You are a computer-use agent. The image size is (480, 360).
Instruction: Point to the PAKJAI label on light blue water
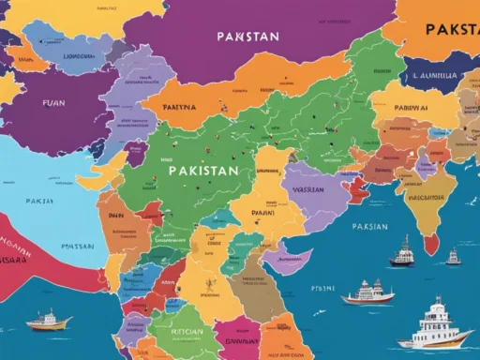pos(39,201)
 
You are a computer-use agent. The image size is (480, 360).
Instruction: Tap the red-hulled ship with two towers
pos(368,293)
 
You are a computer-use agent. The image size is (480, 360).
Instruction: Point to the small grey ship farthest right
pos(454,255)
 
